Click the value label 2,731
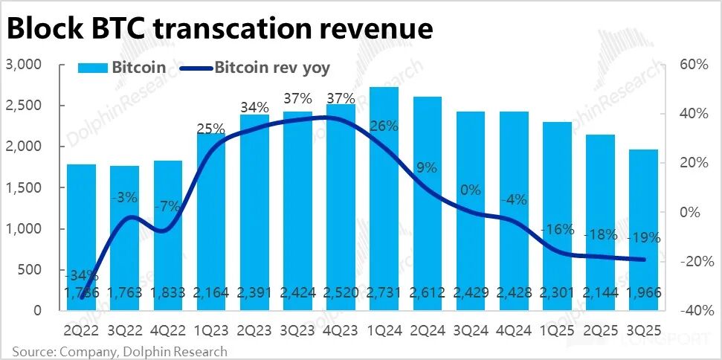(x=384, y=292)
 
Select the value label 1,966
(x=643, y=292)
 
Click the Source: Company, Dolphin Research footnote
(x=119, y=351)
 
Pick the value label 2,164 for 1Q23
(x=210, y=292)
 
